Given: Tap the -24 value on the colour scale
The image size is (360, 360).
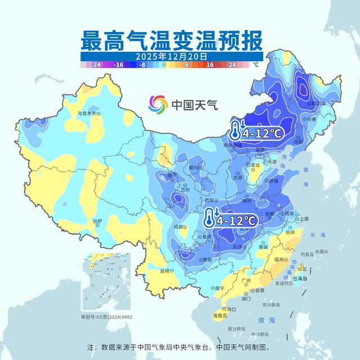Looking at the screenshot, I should click(96, 65).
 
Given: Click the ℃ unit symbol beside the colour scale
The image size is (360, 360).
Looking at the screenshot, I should click(256, 65).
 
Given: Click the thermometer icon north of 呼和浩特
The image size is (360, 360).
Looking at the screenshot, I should click(235, 131).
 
